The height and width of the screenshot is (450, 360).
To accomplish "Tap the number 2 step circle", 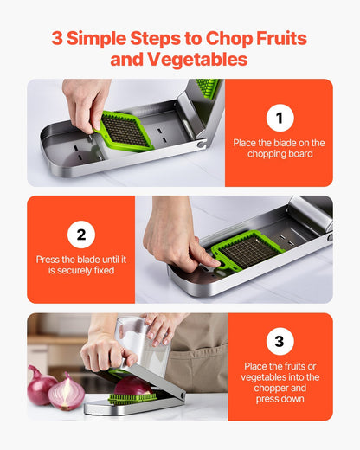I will coord(80,234).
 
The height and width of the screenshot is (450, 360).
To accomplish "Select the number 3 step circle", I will coord(279,342).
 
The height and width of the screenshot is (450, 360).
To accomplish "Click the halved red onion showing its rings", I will coord(67,394).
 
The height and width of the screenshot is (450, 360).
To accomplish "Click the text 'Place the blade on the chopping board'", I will coord(279,147).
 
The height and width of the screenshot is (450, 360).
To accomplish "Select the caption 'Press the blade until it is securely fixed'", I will coord(80,265).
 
